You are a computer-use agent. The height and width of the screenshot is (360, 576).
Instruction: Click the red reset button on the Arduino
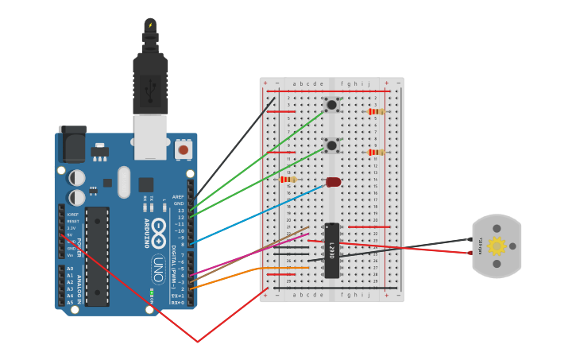(x=184, y=149)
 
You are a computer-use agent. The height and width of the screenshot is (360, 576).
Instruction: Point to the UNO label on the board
(x=158, y=264)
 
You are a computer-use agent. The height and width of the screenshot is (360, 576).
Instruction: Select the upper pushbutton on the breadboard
(x=331, y=104)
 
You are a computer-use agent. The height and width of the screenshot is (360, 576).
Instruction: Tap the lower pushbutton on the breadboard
(x=331, y=145)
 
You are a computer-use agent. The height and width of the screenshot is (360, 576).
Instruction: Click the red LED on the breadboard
(x=334, y=182)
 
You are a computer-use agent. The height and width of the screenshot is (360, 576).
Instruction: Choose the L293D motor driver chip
(x=332, y=250)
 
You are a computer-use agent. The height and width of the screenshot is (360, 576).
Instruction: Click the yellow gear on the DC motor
(x=497, y=246)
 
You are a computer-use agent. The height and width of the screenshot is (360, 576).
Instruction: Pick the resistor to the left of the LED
(x=288, y=180)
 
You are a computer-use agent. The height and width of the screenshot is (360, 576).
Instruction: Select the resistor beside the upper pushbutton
(x=376, y=111)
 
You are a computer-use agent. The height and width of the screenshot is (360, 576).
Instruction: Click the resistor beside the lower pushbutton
(x=376, y=152)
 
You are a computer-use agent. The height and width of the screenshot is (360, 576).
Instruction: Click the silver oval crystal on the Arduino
(x=123, y=182)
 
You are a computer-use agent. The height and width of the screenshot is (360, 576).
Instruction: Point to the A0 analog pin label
(x=70, y=269)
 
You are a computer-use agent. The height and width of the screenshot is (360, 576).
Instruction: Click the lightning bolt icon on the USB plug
(x=150, y=25)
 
